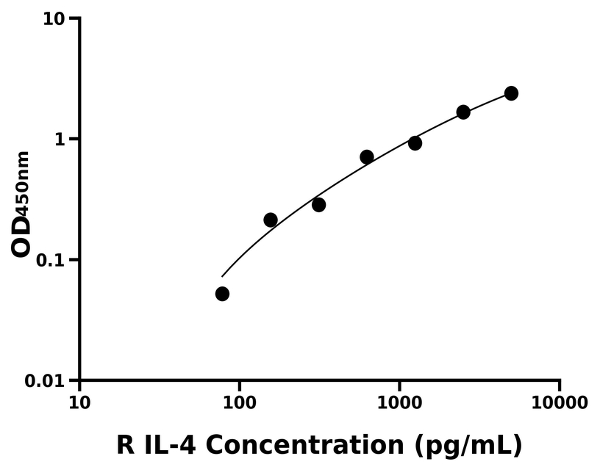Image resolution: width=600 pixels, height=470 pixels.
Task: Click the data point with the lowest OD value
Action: pyautogui.click(x=222, y=294)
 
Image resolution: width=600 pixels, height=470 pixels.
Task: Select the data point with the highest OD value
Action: pyautogui.click(x=511, y=93)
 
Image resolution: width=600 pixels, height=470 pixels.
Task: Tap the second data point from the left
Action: pyautogui.click(x=271, y=220)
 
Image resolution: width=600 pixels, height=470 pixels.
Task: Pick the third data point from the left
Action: pyautogui.click(x=318, y=205)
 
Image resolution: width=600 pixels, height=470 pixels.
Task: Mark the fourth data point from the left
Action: pyautogui.click(x=367, y=156)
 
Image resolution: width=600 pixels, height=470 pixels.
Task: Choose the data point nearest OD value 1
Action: pyautogui.click(x=415, y=143)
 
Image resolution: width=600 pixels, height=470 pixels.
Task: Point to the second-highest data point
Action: pyautogui.click(x=463, y=112)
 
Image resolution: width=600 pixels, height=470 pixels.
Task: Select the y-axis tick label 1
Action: pyautogui.click(x=62, y=140)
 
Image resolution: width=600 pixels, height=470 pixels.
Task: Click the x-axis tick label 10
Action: pyautogui.click(x=79, y=402)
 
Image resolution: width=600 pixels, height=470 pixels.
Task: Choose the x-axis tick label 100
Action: pyautogui.click(x=240, y=402)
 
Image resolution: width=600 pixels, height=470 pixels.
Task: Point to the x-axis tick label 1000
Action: pyautogui.click(x=399, y=402)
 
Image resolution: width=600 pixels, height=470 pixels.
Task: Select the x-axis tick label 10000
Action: pyautogui.click(x=560, y=402)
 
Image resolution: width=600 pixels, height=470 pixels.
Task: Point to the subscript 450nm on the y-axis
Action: pyautogui.click(x=24, y=181)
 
